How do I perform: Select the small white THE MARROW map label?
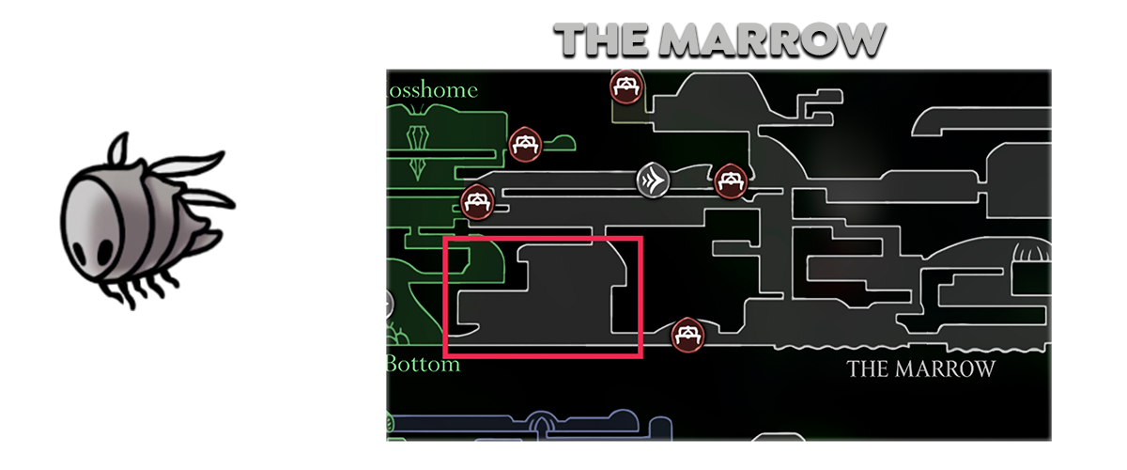[920, 368]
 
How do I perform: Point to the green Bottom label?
[424, 364]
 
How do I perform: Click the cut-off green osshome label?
[432, 90]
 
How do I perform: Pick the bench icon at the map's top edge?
[624, 87]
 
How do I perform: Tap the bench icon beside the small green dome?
[524, 144]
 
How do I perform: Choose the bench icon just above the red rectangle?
[478, 201]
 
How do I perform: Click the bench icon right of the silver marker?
[730, 179]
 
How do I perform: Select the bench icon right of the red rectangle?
[689, 334]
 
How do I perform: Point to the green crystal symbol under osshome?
[417, 137]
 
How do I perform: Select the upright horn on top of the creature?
[116, 150]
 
